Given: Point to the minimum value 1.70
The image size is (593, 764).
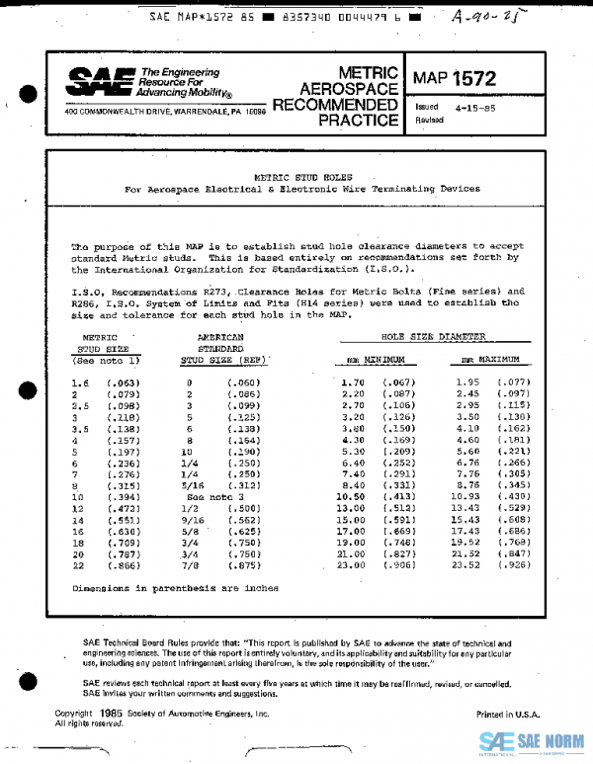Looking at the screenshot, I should tap(353, 382).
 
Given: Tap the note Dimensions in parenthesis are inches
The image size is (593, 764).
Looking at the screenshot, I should tap(176, 588).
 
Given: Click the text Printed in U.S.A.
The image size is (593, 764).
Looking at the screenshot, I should tap(508, 714).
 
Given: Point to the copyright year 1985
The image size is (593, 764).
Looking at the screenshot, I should tap(109, 713).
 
